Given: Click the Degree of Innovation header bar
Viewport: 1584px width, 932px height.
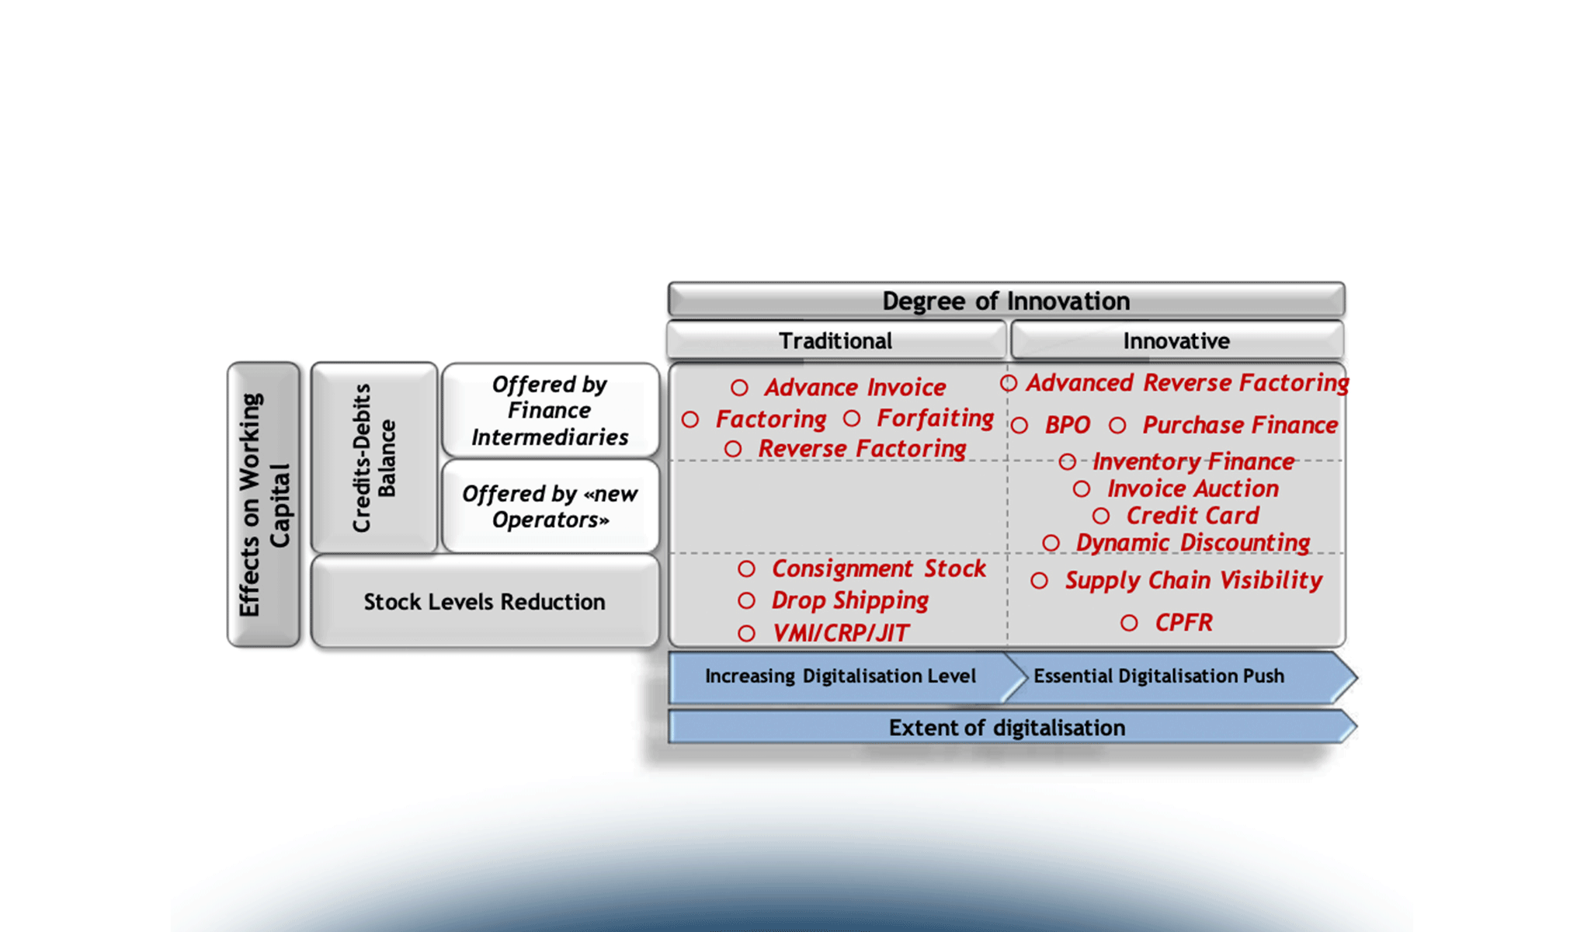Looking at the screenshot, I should [x=1006, y=300].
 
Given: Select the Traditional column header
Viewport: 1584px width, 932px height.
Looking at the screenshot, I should [x=835, y=341].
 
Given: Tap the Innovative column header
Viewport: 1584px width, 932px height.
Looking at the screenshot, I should [x=1176, y=341].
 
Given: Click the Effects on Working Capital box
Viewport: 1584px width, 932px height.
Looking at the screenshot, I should [x=263, y=505].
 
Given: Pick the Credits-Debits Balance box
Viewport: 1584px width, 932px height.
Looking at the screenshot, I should [x=374, y=458].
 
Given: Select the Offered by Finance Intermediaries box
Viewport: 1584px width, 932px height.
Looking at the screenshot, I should [x=550, y=411].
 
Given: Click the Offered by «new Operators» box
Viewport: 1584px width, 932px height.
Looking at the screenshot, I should [x=550, y=506].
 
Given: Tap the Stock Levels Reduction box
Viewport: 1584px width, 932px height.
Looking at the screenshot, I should [x=485, y=602].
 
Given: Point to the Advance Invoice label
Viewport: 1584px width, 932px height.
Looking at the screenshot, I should [x=855, y=387].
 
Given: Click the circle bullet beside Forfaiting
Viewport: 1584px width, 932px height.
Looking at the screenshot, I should [x=852, y=419].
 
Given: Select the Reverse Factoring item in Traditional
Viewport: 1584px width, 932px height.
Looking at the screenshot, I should [x=862, y=449].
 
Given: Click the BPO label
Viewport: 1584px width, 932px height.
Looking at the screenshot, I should [x=1068, y=425].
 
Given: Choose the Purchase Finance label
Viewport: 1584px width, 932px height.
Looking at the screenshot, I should [x=1240, y=425].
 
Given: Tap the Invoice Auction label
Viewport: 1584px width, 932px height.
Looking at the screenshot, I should [x=1193, y=489].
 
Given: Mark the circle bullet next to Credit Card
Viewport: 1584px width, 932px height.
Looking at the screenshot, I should [x=1101, y=516].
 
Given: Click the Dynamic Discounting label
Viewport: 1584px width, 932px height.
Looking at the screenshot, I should [x=1193, y=542].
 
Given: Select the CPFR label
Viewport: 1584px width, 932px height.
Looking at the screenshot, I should [x=1183, y=622].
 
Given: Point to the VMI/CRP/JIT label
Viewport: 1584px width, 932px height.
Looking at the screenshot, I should [x=841, y=633].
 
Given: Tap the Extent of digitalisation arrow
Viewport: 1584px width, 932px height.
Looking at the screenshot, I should [x=1006, y=728].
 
